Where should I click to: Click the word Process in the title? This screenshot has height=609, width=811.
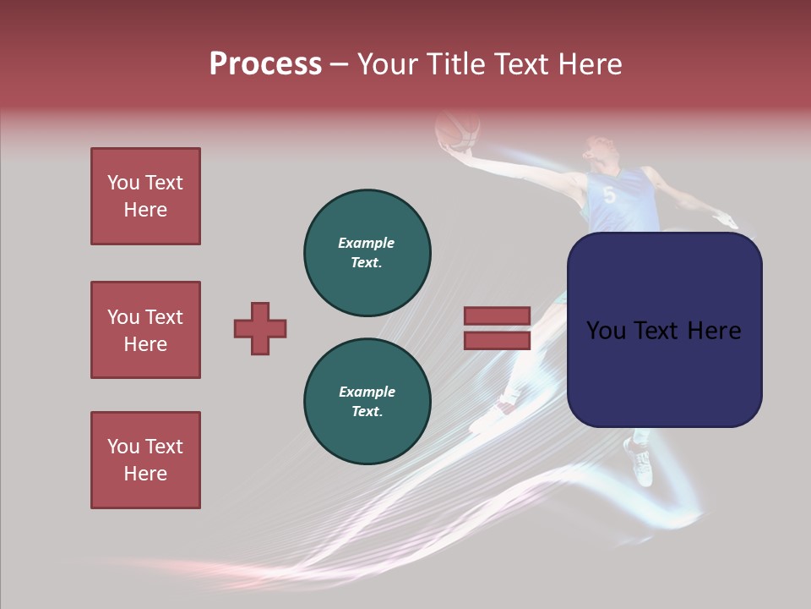pyautogui.click(x=265, y=64)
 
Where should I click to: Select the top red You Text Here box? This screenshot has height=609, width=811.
pyautogui.click(x=145, y=196)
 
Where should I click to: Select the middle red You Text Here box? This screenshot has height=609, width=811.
pyautogui.click(x=145, y=330)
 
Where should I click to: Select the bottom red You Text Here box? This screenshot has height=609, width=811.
pyautogui.click(x=145, y=460)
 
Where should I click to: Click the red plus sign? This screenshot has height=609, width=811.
pyautogui.click(x=260, y=328)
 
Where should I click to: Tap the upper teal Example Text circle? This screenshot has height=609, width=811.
pyautogui.click(x=367, y=252)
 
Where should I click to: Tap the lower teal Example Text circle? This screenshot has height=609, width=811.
pyautogui.click(x=367, y=401)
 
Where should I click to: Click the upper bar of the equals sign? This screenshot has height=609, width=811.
pyautogui.click(x=497, y=315)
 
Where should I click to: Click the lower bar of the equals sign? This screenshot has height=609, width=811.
pyautogui.click(x=497, y=341)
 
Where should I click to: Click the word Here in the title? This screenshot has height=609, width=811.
pyautogui.click(x=590, y=64)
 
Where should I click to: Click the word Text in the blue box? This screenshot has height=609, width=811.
pyautogui.click(x=663, y=331)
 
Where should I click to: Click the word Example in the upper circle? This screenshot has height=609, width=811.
pyautogui.click(x=367, y=243)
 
